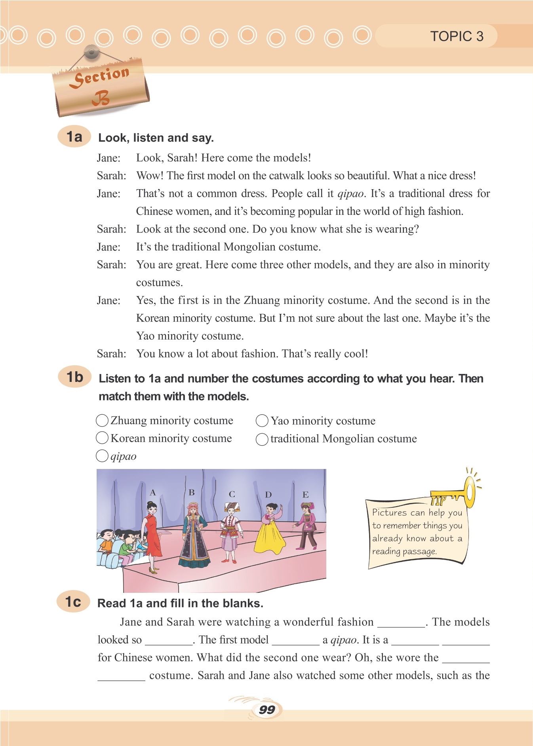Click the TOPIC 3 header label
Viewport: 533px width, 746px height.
tap(457, 36)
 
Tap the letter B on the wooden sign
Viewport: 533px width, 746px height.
tap(101, 98)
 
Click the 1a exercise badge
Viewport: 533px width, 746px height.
tap(74, 137)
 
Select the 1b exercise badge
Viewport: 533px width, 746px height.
tap(74, 377)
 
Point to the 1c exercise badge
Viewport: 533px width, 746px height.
tap(73, 602)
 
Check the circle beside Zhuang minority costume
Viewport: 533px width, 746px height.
tap(102, 420)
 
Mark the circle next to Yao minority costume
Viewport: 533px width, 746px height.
tap(262, 421)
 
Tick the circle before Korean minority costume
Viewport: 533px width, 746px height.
tap(102, 438)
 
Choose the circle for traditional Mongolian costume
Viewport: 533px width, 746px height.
tap(262, 439)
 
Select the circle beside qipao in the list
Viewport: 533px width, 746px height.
tap(102, 456)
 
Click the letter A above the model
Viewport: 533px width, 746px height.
tap(153, 493)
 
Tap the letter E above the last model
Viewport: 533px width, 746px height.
tap(305, 495)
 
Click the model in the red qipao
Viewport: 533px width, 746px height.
tap(152, 534)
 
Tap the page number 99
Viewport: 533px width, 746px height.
tap(267, 710)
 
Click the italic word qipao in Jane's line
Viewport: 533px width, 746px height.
tap(350, 194)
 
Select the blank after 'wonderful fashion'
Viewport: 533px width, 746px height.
tap(401, 623)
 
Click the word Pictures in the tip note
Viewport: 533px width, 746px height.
tap(389, 513)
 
